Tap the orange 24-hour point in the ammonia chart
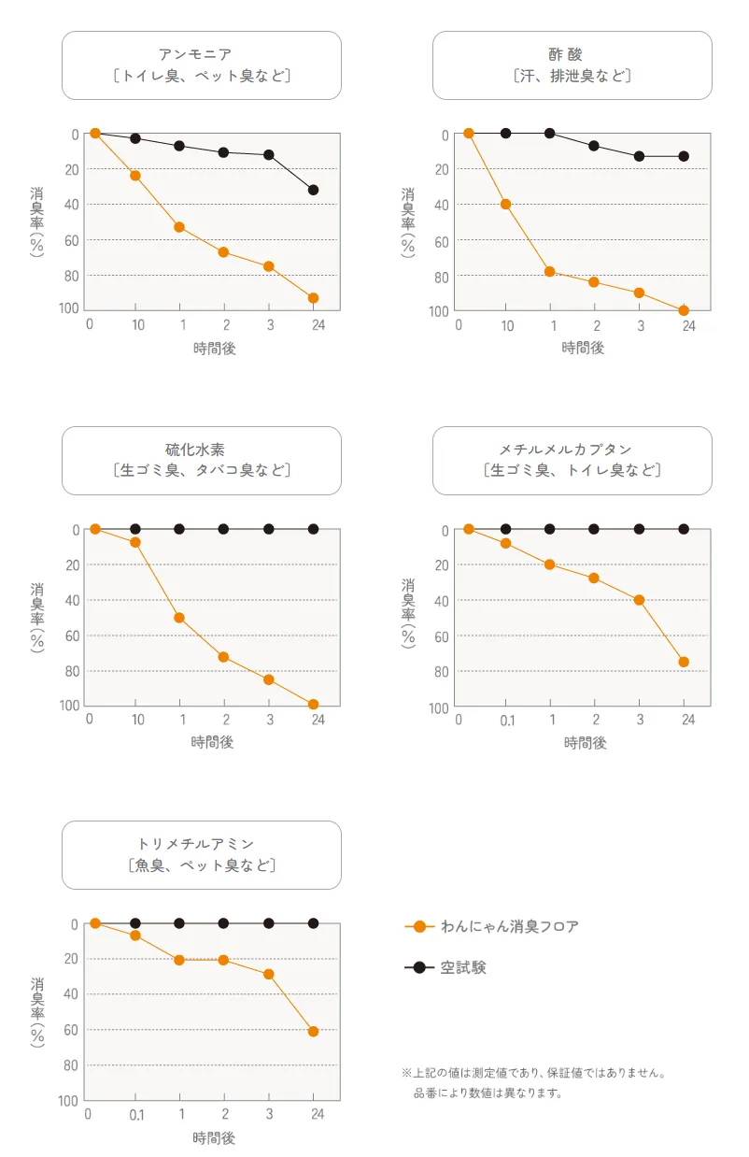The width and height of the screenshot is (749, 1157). click(314, 298)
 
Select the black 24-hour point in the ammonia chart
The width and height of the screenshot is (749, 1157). click(314, 190)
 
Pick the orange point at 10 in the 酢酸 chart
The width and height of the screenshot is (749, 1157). click(506, 204)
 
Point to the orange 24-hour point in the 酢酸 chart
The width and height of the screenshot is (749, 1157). click(684, 310)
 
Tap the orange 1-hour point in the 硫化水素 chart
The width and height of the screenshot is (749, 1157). click(179, 618)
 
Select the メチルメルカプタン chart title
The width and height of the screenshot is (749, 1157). click(572, 450)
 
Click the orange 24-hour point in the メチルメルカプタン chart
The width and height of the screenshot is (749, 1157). click(684, 662)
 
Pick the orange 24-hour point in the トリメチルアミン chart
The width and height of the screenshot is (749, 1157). click(314, 1032)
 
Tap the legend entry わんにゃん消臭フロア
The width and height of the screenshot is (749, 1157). click(509, 927)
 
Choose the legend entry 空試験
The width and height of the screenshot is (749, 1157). click(463, 968)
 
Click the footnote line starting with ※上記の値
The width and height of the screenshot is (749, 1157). click(534, 1073)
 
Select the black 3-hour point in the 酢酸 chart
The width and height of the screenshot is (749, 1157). click(640, 156)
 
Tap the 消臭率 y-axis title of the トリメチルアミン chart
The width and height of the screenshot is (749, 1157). click(37, 1011)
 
